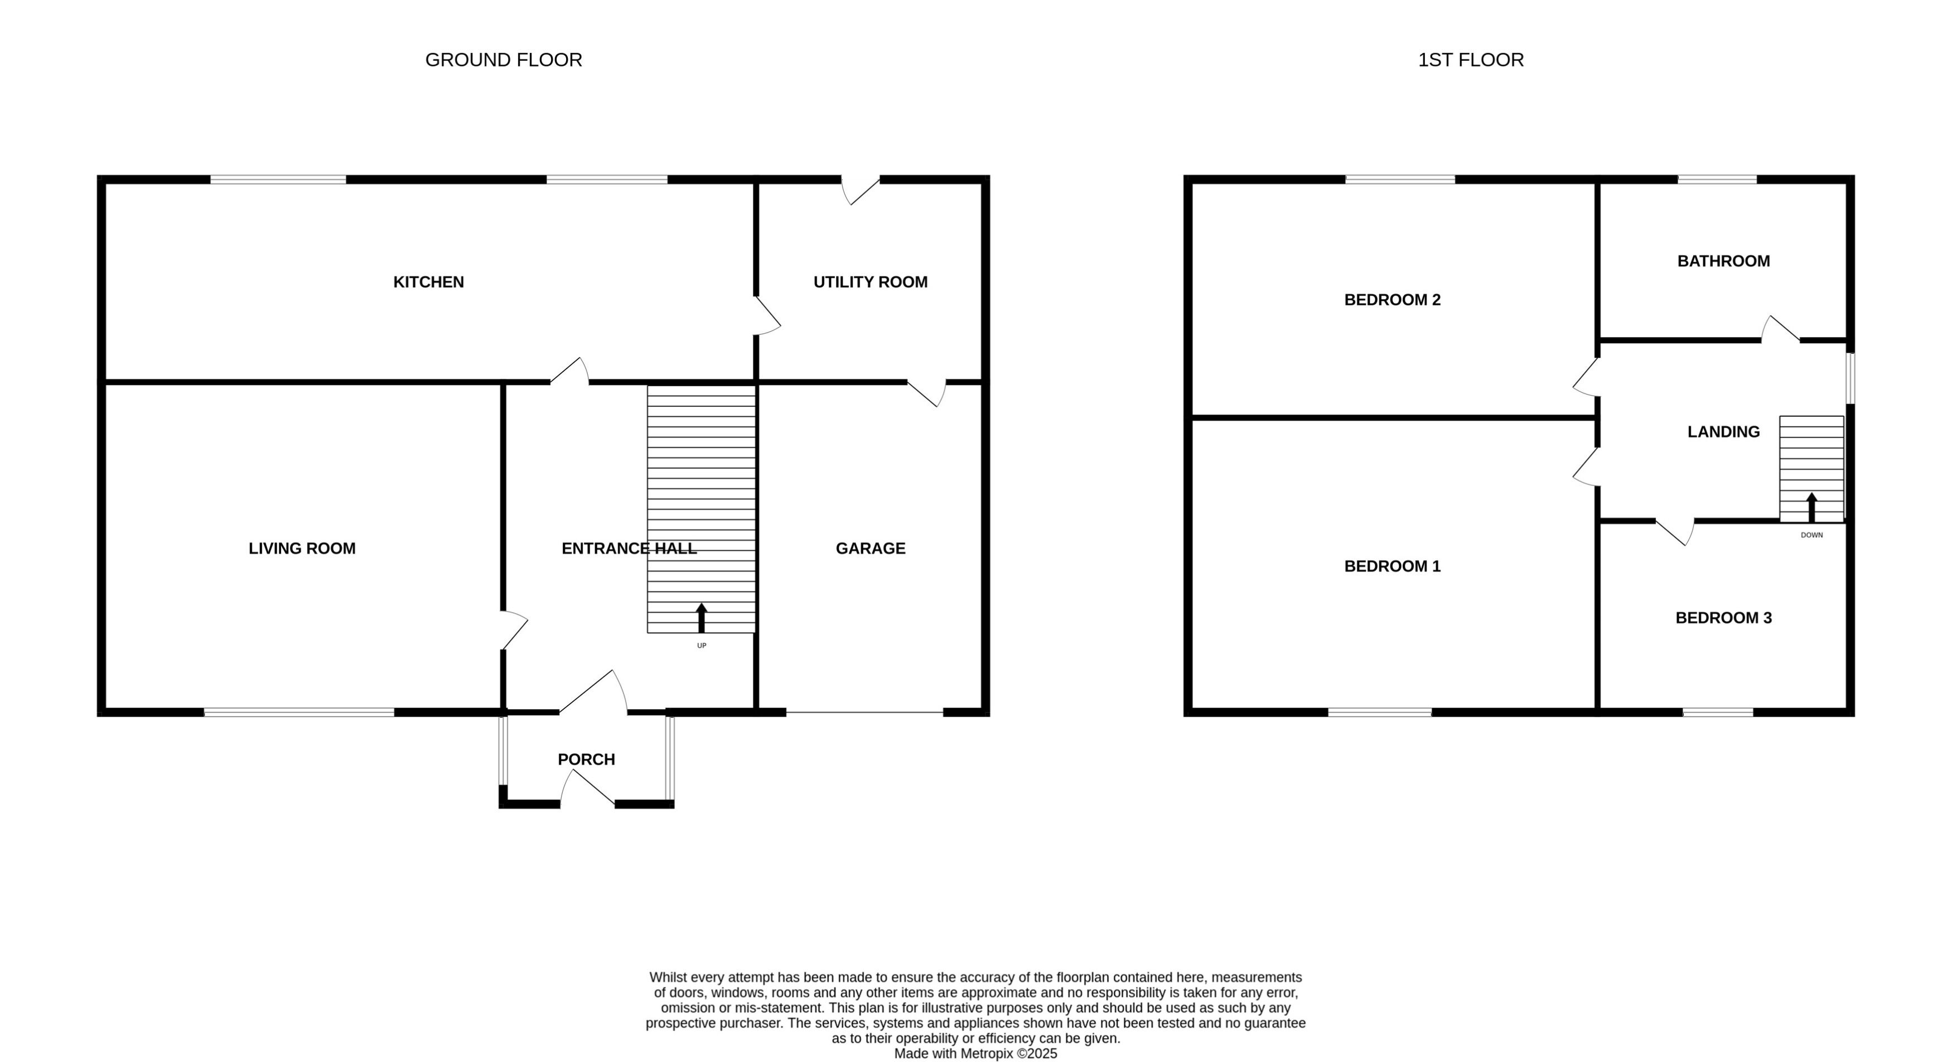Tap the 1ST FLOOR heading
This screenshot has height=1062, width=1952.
pyautogui.click(x=1470, y=60)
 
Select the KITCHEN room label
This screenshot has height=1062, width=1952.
pyautogui.click(x=428, y=282)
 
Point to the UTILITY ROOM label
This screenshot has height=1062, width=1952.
pyautogui.click(x=870, y=282)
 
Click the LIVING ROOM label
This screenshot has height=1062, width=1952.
pyautogui.click(x=302, y=548)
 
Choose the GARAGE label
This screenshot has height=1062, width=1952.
pyautogui.click(x=870, y=548)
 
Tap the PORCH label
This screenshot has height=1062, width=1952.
pyautogui.click(x=586, y=759)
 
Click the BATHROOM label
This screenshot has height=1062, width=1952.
pyautogui.click(x=1723, y=261)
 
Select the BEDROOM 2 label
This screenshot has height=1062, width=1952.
pyautogui.click(x=1392, y=300)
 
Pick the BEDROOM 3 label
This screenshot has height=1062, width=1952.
pyautogui.click(x=1723, y=618)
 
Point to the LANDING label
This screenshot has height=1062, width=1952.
pyautogui.click(x=1723, y=431)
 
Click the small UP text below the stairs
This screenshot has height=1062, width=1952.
pyautogui.click(x=701, y=646)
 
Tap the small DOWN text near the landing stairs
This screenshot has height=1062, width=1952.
pyautogui.click(x=1811, y=535)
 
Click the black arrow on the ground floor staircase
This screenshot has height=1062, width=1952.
pyautogui.click(x=701, y=617)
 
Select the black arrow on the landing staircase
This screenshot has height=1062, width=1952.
pyautogui.click(x=1811, y=506)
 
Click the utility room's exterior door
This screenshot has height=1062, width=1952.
pyautogui.click(x=861, y=190)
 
